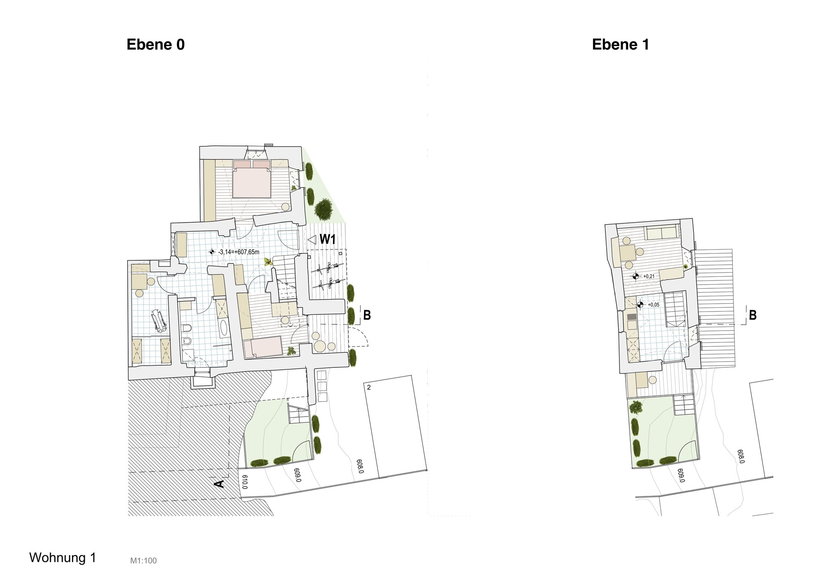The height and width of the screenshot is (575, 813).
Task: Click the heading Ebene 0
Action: (155, 45)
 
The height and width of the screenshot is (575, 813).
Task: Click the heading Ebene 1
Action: (620, 45)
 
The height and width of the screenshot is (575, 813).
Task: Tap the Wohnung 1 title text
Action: (62, 558)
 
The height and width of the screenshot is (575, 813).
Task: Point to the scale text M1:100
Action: (143, 561)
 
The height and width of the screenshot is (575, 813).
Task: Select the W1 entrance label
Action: (328, 239)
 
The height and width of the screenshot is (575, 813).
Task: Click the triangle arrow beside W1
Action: (312, 239)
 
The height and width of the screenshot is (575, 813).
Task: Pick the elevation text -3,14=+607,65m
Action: (239, 252)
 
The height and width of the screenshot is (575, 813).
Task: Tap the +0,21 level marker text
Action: (649, 276)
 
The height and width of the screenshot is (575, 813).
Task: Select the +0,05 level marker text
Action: (654, 305)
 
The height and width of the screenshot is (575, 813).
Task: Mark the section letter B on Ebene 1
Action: (753, 316)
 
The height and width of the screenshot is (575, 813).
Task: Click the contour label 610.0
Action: (244, 482)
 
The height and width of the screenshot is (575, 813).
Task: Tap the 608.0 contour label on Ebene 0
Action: (360, 466)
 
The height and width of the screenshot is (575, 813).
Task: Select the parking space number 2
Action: (369, 388)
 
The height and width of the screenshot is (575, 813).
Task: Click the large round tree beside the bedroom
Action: (323, 209)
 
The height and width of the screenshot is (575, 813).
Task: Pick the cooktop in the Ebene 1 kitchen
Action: (632, 317)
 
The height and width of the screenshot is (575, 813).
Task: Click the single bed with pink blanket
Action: (263, 347)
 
